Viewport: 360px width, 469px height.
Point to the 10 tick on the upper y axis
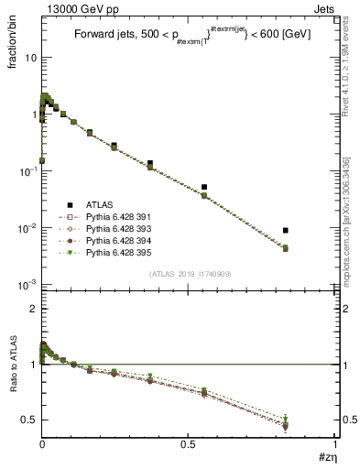[31, 57]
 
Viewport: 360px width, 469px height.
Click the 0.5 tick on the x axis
[188, 445]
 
